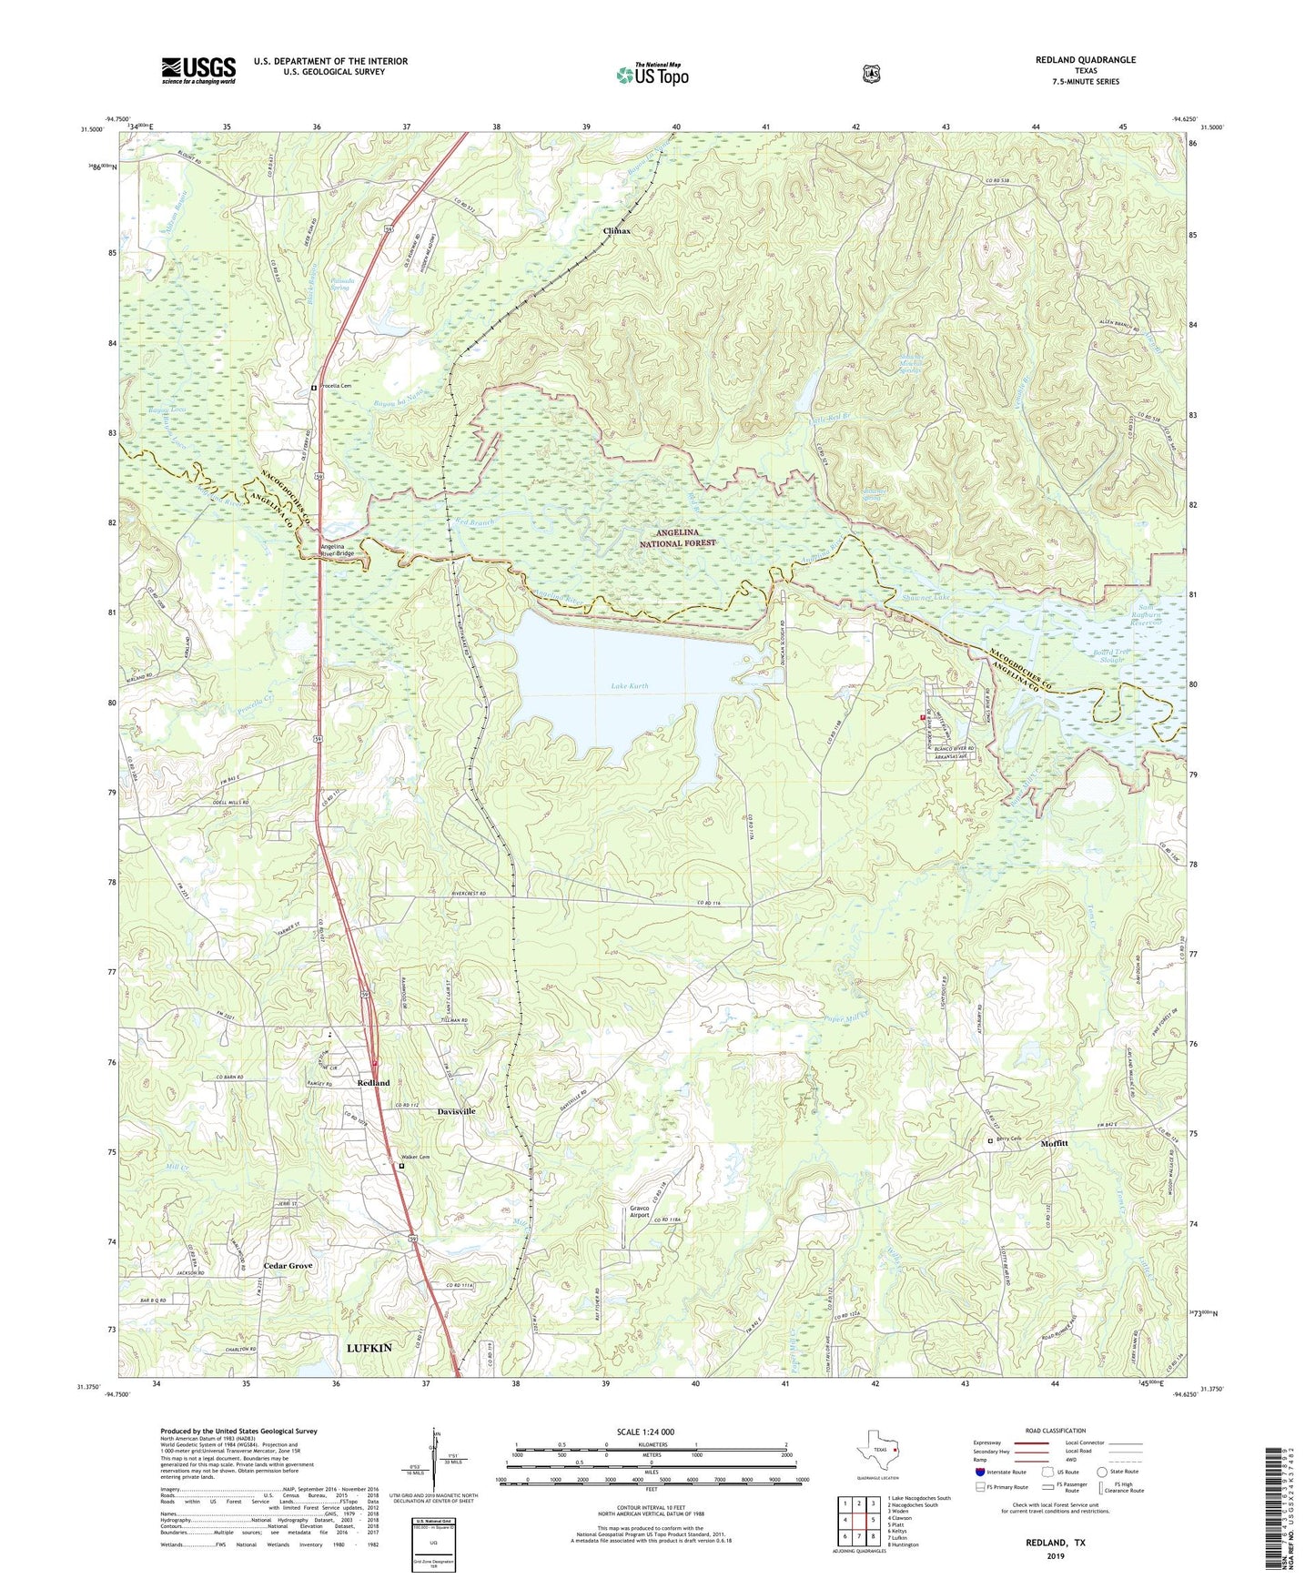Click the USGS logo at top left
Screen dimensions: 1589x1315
[x=198, y=70]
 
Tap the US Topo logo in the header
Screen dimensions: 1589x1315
[x=652, y=75]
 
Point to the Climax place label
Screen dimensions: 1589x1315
[x=617, y=231]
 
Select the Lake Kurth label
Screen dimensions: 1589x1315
[x=630, y=686]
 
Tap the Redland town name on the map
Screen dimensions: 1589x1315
[x=373, y=1083]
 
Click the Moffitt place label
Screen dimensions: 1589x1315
[x=1054, y=1143]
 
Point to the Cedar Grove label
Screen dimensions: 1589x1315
[x=288, y=1266]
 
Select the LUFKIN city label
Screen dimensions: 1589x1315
[x=369, y=1347]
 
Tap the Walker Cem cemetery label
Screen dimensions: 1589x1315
[x=414, y=1158]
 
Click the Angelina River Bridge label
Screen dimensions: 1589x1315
[x=337, y=550]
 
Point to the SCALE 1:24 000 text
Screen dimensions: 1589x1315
[x=645, y=1432]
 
